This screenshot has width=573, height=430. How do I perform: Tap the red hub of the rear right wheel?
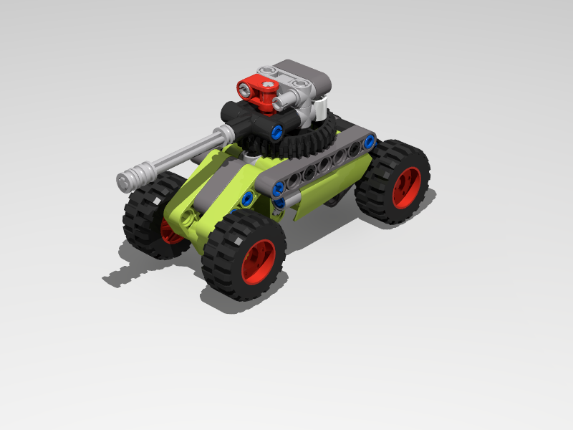point(406,188)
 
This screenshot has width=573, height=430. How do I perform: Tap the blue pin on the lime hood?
point(247,199)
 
